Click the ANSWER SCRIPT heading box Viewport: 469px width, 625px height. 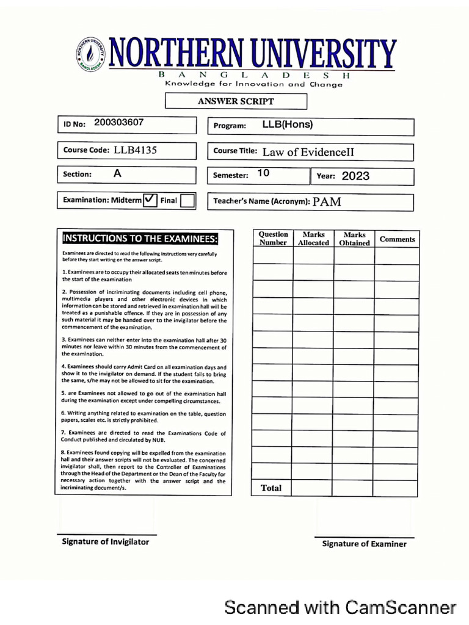236,101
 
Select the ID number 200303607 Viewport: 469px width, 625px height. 119,122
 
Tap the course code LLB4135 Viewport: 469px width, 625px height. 135,150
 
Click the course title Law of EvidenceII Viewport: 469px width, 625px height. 308,152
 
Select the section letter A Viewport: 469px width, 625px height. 118,173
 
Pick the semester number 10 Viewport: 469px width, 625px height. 263,173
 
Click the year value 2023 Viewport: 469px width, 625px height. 355,176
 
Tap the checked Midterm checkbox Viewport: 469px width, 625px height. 150,200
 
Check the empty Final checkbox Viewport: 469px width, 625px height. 188,200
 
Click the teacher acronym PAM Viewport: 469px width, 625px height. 327,202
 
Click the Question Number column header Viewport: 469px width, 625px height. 273,239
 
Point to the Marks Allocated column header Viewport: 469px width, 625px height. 313,239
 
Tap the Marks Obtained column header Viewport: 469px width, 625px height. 354,239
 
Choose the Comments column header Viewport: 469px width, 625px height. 397,239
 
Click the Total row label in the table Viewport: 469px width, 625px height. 271,488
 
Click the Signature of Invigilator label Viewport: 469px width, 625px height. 105,541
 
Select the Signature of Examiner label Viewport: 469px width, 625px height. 364,544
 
